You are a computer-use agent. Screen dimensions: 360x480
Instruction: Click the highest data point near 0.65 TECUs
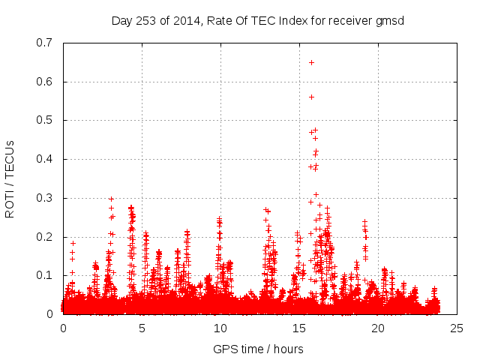[x=311, y=62]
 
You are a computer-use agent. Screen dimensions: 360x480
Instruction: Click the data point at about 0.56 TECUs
[x=311, y=97]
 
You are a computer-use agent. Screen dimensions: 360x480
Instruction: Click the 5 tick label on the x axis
[x=142, y=328]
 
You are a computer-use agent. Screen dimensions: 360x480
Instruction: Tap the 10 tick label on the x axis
[x=220, y=328]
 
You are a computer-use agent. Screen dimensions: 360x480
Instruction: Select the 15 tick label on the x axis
[x=299, y=328]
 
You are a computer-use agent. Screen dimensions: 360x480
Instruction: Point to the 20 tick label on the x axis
[x=378, y=328]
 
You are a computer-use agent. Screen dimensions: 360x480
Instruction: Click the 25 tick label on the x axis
[x=457, y=328]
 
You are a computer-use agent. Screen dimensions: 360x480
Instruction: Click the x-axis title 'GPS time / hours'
[x=258, y=349]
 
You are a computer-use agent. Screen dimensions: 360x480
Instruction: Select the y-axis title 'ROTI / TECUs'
[x=10, y=178]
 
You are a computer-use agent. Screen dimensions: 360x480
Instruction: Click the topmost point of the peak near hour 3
[x=111, y=199]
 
